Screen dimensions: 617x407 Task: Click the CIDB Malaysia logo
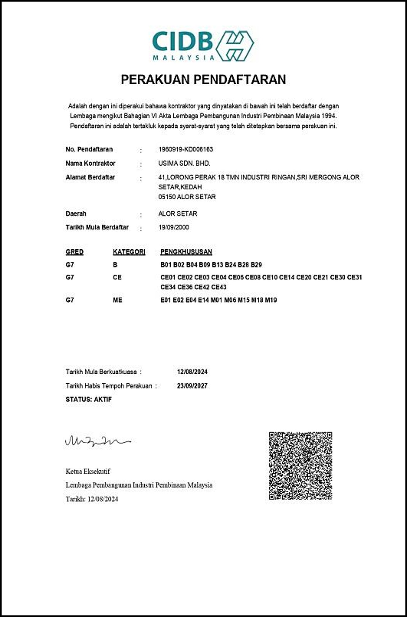203,46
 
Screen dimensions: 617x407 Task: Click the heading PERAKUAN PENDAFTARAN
203,80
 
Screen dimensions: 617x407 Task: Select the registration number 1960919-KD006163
186,149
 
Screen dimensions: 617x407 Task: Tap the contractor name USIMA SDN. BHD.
184,163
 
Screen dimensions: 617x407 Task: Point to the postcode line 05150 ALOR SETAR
187,197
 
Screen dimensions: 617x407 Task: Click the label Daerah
76,214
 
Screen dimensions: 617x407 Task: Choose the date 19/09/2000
174,227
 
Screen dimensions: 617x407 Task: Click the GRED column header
74,252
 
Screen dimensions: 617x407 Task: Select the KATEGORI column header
129,252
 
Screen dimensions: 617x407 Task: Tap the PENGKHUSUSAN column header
186,252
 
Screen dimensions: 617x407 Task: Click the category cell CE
117,277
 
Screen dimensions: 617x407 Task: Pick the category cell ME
118,300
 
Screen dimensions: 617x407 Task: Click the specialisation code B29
256,265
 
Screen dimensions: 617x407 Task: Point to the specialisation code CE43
219,287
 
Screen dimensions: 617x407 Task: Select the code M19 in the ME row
271,300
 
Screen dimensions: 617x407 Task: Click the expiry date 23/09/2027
192,386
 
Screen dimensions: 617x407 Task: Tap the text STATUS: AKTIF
89,400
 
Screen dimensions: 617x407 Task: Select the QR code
300,465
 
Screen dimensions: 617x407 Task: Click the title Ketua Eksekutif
88,472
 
